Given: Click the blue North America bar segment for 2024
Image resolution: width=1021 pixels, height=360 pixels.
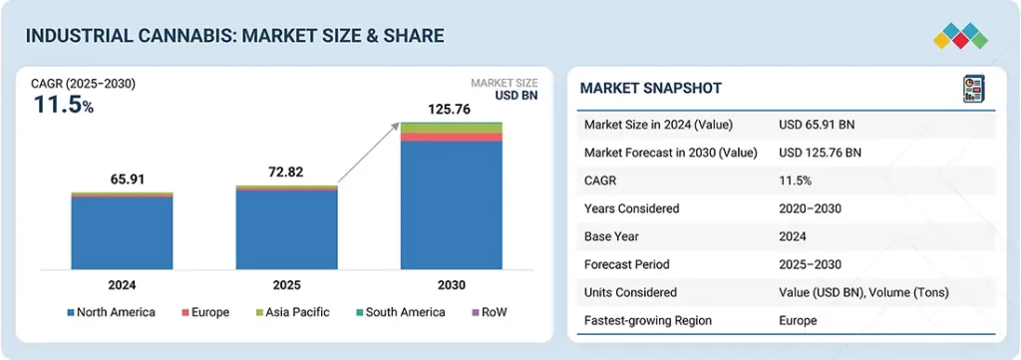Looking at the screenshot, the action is tap(122, 233).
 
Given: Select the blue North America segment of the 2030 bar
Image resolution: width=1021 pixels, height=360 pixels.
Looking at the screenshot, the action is tap(452, 205).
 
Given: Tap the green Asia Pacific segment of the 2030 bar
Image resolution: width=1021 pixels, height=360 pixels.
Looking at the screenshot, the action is tap(452, 128).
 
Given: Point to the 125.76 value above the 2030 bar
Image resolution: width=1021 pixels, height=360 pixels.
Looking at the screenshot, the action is tap(449, 109).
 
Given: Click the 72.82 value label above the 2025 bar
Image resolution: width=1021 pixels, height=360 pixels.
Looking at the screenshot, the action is tap(286, 173).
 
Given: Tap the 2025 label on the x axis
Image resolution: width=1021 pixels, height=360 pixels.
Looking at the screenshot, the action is tap(286, 285).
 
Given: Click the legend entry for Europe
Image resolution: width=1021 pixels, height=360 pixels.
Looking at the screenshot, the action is tap(205, 312).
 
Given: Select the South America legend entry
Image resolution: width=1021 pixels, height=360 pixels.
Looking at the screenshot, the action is tap(401, 312).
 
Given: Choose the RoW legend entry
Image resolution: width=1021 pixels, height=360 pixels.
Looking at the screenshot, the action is tap(490, 312).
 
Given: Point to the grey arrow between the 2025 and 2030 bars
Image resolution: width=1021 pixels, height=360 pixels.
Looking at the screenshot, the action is tap(369, 154).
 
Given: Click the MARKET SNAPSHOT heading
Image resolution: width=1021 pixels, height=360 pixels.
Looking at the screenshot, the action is tap(650, 88).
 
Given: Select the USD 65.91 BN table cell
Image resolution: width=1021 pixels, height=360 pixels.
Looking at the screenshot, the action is tap(820, 125).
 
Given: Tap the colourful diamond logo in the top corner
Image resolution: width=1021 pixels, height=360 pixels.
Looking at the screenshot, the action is tap(960, 36).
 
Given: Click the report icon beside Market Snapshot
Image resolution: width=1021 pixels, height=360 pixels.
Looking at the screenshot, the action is tap(974, 89).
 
